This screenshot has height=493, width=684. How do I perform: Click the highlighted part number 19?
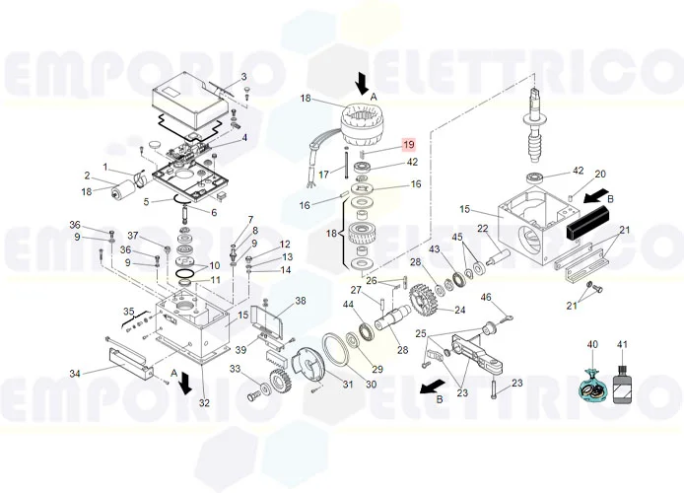(409, 146)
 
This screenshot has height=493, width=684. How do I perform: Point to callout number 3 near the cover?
(243, 77)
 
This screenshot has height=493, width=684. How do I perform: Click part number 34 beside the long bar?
(73, 373)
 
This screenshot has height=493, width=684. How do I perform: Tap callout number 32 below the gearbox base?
(204, 402)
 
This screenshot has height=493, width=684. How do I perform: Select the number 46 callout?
(486, 297)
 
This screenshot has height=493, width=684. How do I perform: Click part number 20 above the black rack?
(599, 175)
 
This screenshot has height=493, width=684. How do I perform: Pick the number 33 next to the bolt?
(236, 370)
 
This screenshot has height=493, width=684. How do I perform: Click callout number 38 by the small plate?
(301, 301)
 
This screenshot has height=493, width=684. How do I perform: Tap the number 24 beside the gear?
(459, 311)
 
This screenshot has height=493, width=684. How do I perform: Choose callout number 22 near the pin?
(483, 229)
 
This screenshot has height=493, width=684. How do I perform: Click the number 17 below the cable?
(322, 175)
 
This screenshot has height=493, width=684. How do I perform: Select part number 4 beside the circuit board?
(243, 138)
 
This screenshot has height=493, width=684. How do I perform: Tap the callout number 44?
(348, 305)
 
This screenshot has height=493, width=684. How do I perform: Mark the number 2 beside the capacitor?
(87, 176)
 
